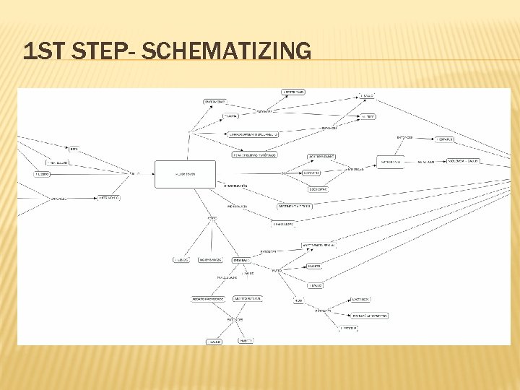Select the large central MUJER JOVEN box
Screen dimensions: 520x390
[186, 174]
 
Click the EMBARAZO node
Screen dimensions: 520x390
[241, 260]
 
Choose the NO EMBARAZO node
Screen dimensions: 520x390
[209, 260]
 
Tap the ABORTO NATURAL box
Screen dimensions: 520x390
[248, 298]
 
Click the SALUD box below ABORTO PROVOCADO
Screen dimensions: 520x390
[214, 341]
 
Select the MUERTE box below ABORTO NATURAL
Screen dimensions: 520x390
[246, 341]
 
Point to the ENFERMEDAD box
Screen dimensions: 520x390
[215, 101]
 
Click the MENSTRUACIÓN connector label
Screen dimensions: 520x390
[235, 186]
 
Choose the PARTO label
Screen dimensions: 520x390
[277, 270]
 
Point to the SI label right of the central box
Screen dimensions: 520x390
[284, 173]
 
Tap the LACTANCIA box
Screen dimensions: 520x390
[361, 299]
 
